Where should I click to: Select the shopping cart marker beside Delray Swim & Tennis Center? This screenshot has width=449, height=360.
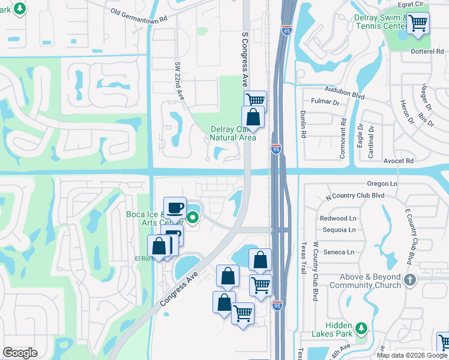coord(418,23)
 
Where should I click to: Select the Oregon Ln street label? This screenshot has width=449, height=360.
coord(382,184)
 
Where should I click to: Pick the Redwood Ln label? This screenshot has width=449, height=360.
coord(338,218)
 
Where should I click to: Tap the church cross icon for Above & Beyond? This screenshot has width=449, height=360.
coord(410,280)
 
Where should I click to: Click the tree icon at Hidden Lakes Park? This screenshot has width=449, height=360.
coord(360,328)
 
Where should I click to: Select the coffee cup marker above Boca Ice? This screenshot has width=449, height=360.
coord(175,208)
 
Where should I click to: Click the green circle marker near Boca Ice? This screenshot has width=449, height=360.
coord(193,218)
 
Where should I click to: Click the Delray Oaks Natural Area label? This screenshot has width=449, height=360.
coord(233,133)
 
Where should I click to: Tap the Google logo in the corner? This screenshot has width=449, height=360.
coord(20,353)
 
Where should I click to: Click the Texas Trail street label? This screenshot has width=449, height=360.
coord(304,257)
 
